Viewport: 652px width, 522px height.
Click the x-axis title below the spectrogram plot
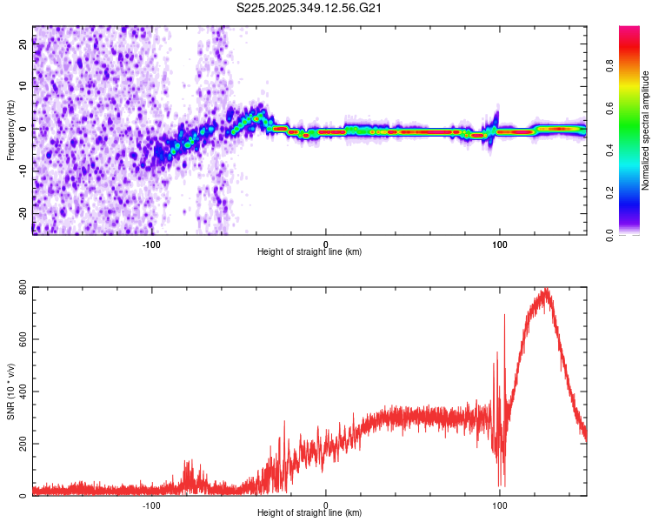309,252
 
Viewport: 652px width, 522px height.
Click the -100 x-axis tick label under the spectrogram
152,244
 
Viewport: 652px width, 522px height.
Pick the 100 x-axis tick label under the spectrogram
500,244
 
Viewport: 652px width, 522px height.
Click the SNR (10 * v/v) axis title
10,391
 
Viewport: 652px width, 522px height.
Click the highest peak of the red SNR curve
546,289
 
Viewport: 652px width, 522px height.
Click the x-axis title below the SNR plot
309,513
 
